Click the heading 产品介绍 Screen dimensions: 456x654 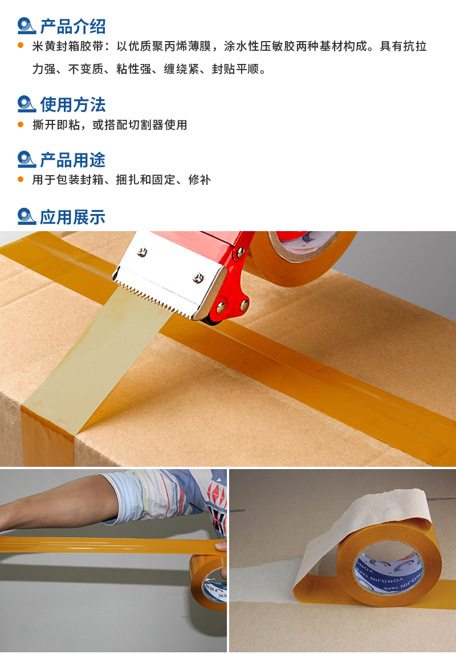pos(72,26)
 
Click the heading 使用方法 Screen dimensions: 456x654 pos(72,104)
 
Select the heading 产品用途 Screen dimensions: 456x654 pos(72,160)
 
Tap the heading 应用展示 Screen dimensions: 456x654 pos(72,217)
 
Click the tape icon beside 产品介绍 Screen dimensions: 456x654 pos(27,26)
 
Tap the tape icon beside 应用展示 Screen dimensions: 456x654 pos(27,216)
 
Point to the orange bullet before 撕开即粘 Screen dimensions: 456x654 pos(21,124)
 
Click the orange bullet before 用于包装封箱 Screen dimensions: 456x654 pos(21,179)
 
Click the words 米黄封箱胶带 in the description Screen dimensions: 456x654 pos(67,46)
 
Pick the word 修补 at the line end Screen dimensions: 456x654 pos(199,180)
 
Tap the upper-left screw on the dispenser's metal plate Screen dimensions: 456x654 pos(142,252)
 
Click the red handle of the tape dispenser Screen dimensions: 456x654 pos(231,288)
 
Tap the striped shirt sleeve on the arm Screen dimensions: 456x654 pos(166,496)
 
